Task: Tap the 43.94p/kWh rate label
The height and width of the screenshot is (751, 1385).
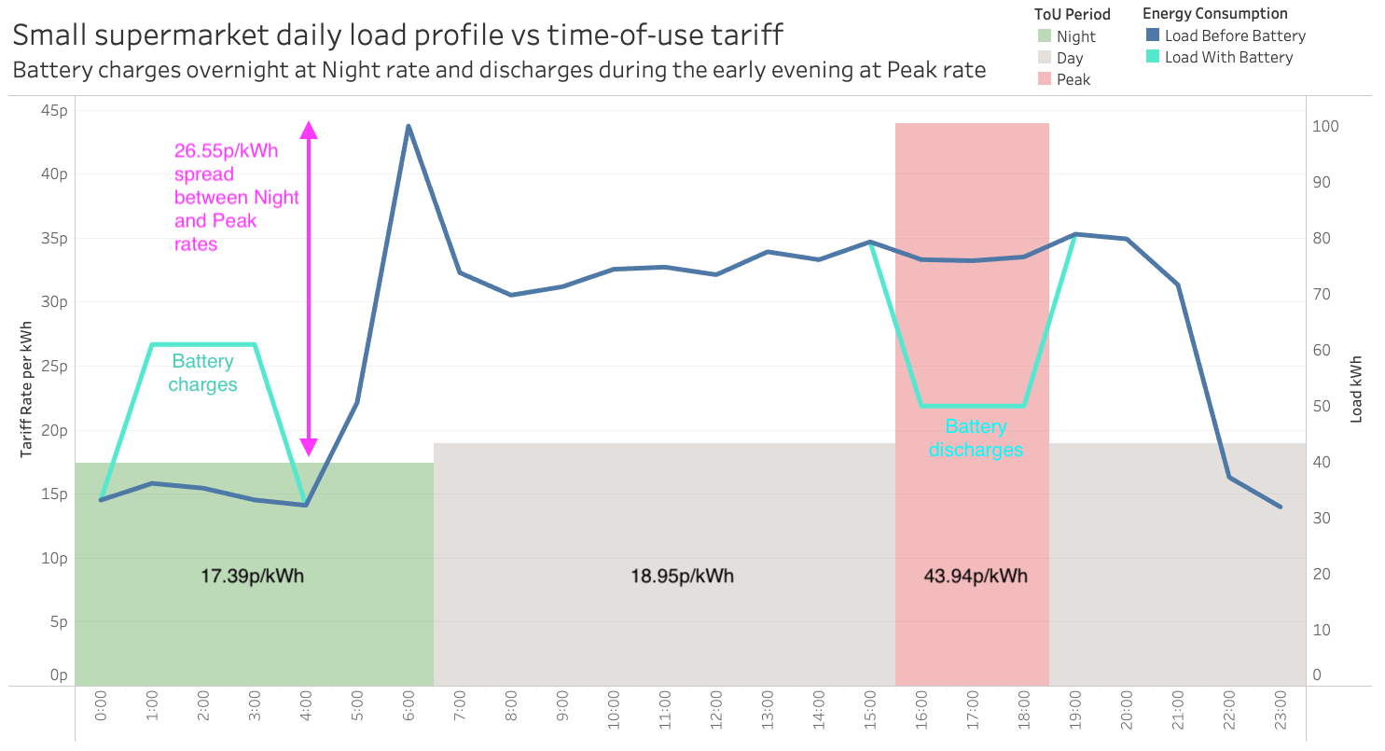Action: click(x=976, y=576)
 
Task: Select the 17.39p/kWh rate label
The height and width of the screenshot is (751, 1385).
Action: click(x=252, y=576)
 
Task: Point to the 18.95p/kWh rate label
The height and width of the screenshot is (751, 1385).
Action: click(x=682, y=576)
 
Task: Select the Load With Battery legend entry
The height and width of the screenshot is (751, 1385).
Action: click(x=1228, y=58)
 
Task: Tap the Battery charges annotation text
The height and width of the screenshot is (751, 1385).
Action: click(x=202, y=373)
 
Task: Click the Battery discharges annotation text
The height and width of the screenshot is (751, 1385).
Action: click(x=976, y=438)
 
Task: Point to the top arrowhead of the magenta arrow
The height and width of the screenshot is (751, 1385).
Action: click(x=309, y=130)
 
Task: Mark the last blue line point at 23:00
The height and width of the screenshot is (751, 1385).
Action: click(x=1280, y=507)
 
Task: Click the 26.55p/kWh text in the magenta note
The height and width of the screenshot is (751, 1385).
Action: click(x=226, y=151)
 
